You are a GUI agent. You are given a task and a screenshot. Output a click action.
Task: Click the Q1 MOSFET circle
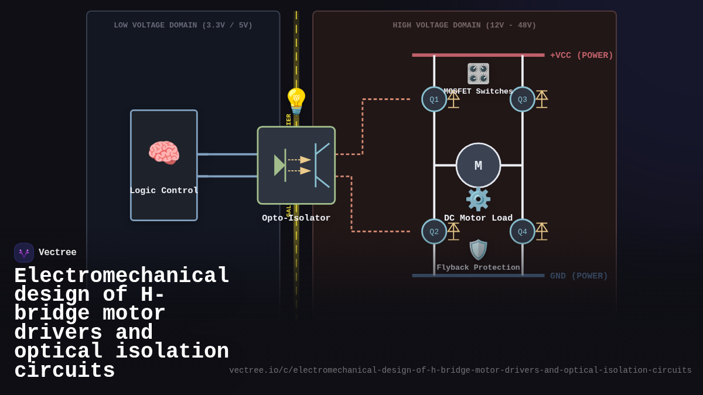tap(434, 99)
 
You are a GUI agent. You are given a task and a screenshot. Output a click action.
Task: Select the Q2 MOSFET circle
tap(434, 232)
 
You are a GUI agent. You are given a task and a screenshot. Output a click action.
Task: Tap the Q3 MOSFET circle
tap(523, 99)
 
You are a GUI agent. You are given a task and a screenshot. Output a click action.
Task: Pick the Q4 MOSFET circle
tap(523, 232)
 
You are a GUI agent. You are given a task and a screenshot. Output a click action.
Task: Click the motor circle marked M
tap(478, 166)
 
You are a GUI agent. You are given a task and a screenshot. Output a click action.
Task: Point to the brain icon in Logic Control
tap(163, 153)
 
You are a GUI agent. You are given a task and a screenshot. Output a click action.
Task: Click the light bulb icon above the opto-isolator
tap(296, 101)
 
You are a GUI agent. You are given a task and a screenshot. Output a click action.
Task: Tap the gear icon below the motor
tap(478, 200)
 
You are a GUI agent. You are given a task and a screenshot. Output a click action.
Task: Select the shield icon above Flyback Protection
tap(478, 250)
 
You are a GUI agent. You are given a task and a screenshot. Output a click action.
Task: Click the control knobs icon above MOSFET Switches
tap(478, 74)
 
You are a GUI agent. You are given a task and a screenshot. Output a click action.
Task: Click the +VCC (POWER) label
tap(581, 56)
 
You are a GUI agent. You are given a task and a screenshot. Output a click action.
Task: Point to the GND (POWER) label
tap(579, 276)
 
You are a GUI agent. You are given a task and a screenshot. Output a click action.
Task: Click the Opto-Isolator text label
tap(296, 218)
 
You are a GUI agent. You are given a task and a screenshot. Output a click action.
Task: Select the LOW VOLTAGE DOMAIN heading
tap(183, 25)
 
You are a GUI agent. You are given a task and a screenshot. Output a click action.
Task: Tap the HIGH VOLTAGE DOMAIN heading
tap(464, 25)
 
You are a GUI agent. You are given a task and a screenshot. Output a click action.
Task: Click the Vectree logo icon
tap(24, 253)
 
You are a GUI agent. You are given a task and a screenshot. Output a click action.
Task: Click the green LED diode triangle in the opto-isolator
tap(279, 166)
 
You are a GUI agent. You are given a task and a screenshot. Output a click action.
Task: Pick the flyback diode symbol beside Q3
tap(541, 99)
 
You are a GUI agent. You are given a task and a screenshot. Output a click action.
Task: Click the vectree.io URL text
tap(460, 370)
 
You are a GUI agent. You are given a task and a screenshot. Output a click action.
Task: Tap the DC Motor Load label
tap(478, 218)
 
